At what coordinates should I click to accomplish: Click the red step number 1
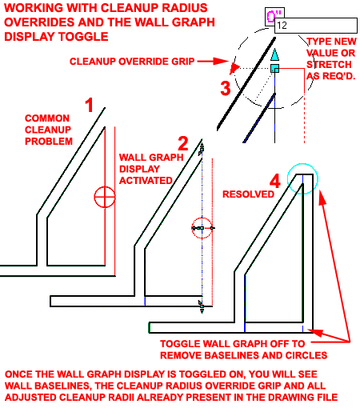(x=90, y=105)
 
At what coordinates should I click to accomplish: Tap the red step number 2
(x=183, y=143)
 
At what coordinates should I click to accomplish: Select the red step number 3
(x=226, y=88)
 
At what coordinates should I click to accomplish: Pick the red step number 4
(x=275, y=181)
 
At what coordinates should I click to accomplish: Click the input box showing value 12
(x=316, y=26)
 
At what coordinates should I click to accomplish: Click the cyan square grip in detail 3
(x=275, y=68)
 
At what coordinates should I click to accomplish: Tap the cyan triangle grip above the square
(x=275, y=54)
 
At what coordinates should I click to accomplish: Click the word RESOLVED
(x=248, y=194)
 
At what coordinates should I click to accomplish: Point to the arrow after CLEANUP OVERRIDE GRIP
(x=213, y=62)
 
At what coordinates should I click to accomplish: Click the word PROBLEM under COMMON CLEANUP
(x=49, y=142)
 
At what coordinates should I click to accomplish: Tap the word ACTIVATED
(x=146, y=181)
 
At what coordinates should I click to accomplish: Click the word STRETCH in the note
(x=329, y=65)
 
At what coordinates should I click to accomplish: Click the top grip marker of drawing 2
(x=202, y=150)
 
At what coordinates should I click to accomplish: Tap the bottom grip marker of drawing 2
(x=202, y=306)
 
